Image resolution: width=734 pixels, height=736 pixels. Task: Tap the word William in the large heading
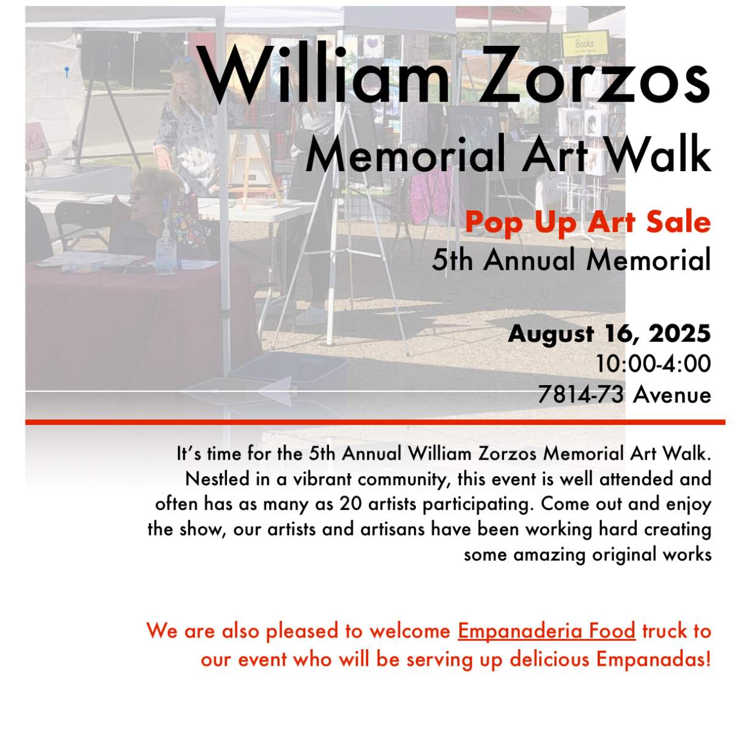click(x=324, y=76)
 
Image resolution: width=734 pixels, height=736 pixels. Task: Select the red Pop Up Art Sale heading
click(x=588, y=221)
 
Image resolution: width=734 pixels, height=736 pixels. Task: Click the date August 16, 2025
click(x=609, y=334)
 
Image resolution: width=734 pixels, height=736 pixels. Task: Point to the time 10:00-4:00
click(x=654, y=364)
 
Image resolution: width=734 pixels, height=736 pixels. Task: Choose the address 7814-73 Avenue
click(x=625, y=394)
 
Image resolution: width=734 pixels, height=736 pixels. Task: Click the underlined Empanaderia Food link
click(x=546, y=630)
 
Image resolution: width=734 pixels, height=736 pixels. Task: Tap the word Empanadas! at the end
click(x=653, y=660)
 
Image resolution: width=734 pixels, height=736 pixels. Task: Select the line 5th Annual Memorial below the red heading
click(x=571, y=260)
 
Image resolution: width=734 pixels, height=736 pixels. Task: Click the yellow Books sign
click(x=585, y=43)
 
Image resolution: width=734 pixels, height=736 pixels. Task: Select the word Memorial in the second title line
click(x=404, y=155)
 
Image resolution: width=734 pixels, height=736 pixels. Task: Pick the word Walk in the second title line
click(x=664, y=155)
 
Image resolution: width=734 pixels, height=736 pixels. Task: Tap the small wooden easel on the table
click(x=254, y=162)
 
